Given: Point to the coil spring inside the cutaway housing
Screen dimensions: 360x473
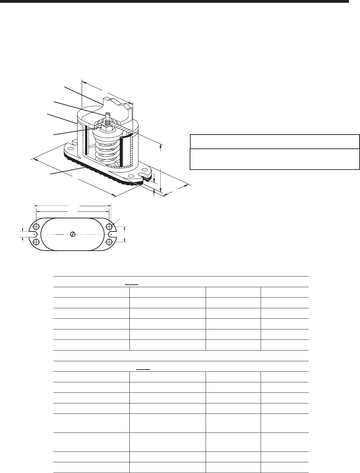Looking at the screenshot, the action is click(x=106, y=147).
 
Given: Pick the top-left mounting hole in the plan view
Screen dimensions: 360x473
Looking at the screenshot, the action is click(x=35, y=227).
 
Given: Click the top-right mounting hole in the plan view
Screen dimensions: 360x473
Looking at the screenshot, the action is click(x=109, y=227).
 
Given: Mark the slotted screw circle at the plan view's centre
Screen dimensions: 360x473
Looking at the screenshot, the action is click(x=72, y=234).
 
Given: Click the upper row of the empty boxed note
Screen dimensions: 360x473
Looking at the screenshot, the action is click(x=274, y=142).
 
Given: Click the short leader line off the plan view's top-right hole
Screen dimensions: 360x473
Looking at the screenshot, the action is click(x=116, y=222).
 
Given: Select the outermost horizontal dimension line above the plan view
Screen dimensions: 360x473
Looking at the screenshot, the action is click(x=72, y=205).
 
